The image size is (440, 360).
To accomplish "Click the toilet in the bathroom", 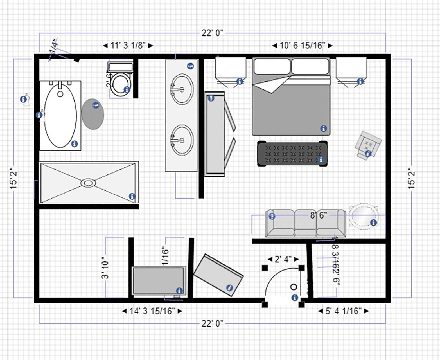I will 121,82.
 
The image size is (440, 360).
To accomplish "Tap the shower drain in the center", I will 88,183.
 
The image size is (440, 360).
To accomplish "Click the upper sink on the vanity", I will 182,89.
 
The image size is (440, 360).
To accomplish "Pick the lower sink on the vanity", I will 182,140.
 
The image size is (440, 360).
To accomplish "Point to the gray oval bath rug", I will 93,114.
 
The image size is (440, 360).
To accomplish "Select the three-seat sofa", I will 306,223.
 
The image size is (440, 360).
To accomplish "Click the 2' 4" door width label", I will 283,259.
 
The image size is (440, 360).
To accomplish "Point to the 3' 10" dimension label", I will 105,267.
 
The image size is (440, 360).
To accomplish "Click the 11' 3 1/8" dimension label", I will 128,45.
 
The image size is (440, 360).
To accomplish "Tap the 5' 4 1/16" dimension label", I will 343,311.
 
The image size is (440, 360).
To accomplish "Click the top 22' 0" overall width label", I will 212,33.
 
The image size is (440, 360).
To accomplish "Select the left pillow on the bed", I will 272,66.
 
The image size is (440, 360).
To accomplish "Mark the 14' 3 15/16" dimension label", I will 152,311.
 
